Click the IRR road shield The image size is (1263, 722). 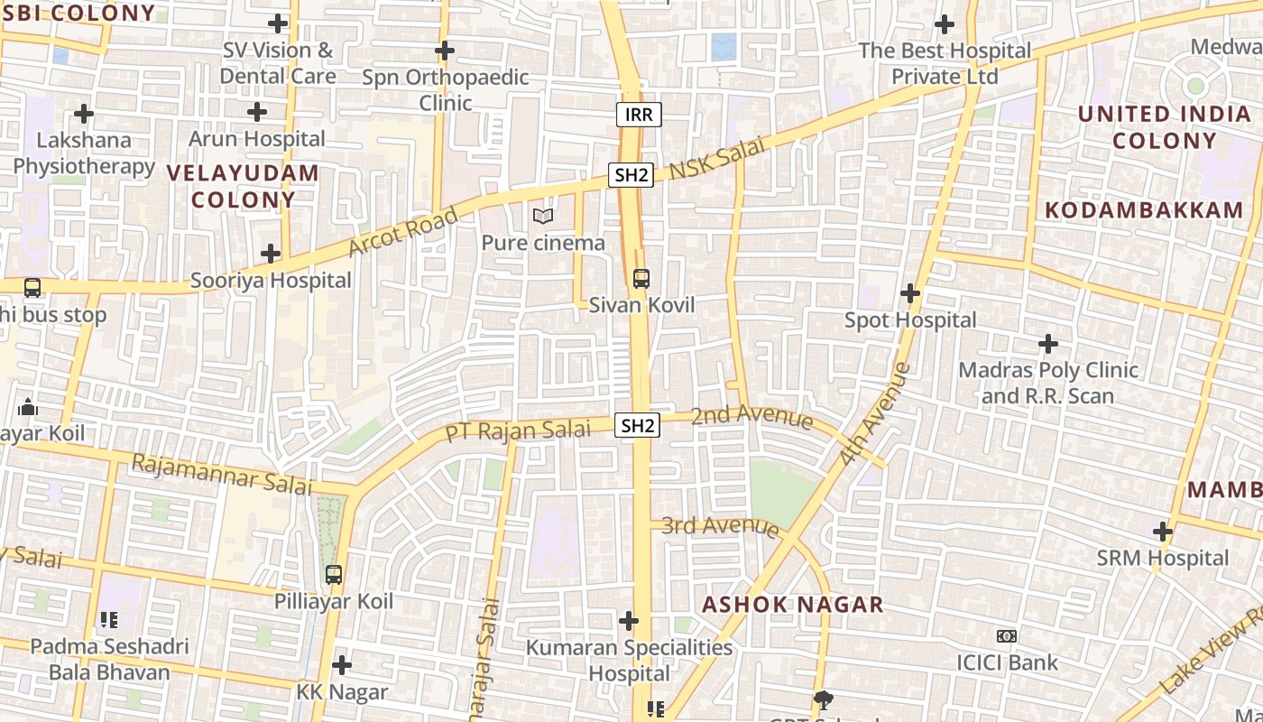[640, 115]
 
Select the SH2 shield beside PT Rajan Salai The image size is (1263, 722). [638, 425]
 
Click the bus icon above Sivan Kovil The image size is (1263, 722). [641, 278]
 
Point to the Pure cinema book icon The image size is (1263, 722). [542, 217]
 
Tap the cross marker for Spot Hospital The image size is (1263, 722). [910, 293]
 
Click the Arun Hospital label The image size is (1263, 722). [257, 139]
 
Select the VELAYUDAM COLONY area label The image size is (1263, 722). [243, 186]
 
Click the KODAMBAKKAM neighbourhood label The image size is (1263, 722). [1144, 210]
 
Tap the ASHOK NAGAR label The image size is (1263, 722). [793, 605]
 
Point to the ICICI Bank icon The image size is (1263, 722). [1007, 636]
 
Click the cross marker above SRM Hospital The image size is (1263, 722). [1163, 532]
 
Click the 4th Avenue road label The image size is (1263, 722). [874, 414]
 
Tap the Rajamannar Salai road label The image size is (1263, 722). [221, 475]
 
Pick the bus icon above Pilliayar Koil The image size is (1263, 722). [334, 574]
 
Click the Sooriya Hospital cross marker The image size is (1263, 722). [270, 254]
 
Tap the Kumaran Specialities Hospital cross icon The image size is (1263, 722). [629, 621]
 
